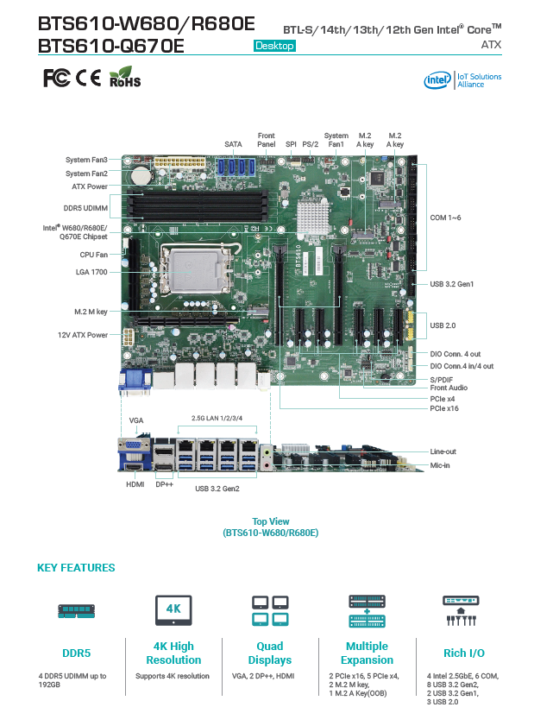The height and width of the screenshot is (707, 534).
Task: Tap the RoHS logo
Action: [125, 79]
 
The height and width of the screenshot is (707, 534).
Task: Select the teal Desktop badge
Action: [274, 45]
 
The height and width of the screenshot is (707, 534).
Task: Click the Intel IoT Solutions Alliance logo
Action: [462, 80]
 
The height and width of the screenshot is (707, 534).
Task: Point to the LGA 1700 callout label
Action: [91, 272]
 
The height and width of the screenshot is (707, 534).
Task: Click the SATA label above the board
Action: [233, 144]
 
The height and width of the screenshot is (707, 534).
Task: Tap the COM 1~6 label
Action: [446, 218]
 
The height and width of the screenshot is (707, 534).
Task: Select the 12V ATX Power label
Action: [83, 335]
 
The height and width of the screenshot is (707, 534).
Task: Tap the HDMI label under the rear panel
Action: [134, 485]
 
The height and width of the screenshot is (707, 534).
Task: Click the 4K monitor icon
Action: [173, 610]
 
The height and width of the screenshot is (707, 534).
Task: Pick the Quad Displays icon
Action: [269, 611]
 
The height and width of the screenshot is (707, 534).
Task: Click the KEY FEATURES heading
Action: [76, 568]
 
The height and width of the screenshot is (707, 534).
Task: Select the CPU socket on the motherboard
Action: [192, 268]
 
